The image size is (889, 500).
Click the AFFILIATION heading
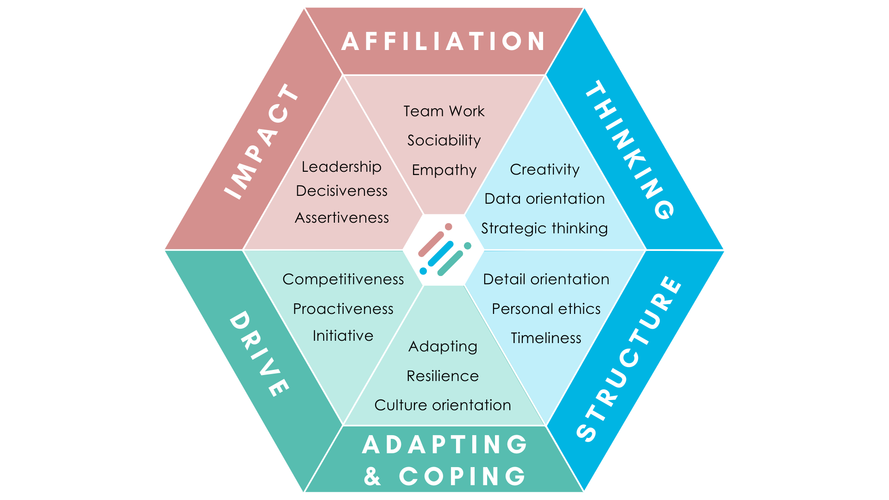[x=444, y=41]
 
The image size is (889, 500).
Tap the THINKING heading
[x=630, y=149]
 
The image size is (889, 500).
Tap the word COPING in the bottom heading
[x=463, y=476]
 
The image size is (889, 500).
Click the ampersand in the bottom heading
[x=372, y=476]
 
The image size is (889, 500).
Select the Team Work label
[x=444, y=112]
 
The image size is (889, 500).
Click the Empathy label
[x=444, y=170]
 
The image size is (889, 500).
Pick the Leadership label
[x=342, y=167]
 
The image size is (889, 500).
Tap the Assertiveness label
[x=342, y=218]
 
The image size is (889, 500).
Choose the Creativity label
[x=545, y=170]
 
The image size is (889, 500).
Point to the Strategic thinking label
[x=545, y=228]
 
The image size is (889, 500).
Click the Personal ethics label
[x=546, y=309]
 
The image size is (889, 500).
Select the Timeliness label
[x=546, y=338]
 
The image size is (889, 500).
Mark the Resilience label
[x=443, y=376]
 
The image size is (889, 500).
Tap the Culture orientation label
[x=443, y=405]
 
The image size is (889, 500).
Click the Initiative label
[x=343, y=336]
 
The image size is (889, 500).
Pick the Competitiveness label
[x=343, y=279]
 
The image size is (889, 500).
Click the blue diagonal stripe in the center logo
[x=441, y=254]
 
